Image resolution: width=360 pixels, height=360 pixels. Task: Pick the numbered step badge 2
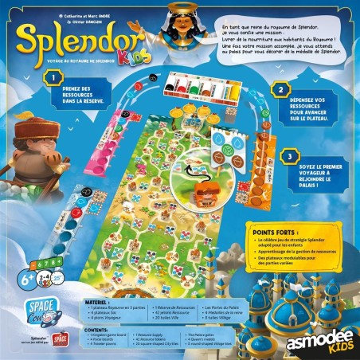[279, 91]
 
